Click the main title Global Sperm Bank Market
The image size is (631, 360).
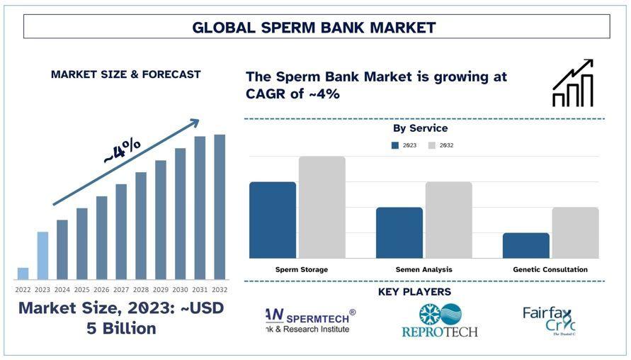[314, 28]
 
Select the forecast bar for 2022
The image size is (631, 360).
[23, 274]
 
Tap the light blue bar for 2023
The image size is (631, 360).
[42, 255]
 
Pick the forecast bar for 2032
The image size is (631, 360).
[220, 207]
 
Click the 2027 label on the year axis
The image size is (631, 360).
[121, 289]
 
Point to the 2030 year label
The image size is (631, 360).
[181, 289]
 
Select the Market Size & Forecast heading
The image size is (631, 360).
[125, 74]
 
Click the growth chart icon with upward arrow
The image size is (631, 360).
[573, 84]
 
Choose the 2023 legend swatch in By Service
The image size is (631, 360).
[395, 145]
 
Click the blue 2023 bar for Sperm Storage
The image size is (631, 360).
[273, 220]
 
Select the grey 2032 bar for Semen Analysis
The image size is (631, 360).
[449, 220]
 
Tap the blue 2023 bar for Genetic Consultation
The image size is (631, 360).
[526, 245]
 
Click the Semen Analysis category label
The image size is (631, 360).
[423, 269]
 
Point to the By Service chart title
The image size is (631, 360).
[420, 128]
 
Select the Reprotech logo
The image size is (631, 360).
[440, 320]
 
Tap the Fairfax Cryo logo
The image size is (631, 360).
[549, 320]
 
